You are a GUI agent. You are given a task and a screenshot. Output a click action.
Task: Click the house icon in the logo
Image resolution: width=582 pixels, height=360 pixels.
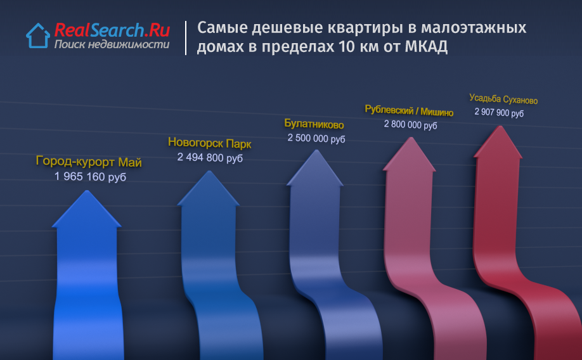click(x=38, y=36)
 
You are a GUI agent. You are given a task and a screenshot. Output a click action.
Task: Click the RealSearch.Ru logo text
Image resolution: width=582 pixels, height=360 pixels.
click(x=112, y=30)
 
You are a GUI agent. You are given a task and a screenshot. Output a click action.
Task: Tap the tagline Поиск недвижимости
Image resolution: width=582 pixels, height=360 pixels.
click(x=112, y=44)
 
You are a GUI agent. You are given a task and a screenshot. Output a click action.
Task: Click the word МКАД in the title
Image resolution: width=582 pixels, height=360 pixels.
click(x=426, y=47)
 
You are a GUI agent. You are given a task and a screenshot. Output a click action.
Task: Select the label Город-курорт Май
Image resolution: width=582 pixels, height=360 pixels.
click(x=89, y=162)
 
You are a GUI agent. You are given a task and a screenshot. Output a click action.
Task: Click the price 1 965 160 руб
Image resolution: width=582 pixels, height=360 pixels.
click(x=90, y=177)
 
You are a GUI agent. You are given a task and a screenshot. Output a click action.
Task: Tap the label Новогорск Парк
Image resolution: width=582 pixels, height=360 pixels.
click(x=210, y=143)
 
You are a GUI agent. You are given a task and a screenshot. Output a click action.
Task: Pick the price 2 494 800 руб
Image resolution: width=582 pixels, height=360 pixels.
click(x=210, y=157)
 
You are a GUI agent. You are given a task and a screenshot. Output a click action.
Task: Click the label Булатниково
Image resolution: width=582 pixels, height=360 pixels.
click(x=314, y=124)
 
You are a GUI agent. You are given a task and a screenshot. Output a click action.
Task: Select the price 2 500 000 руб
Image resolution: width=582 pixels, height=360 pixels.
click(x=316, y=138)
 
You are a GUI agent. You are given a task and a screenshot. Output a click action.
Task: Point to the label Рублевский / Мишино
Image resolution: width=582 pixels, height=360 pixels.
click(x=409, y=110)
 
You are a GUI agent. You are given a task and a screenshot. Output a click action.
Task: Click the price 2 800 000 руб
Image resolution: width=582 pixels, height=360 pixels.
click(x=411, y=125)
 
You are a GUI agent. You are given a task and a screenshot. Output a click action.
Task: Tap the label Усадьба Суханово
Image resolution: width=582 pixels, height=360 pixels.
click(x=503, y=99)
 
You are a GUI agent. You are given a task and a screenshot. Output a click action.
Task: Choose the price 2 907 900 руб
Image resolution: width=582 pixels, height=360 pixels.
click(x=499, y=112)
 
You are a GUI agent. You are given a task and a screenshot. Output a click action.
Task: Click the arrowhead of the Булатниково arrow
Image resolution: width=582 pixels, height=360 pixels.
click(x=316, y=168)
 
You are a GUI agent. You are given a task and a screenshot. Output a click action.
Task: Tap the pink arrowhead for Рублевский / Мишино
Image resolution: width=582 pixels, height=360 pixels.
click(x=410, y=155)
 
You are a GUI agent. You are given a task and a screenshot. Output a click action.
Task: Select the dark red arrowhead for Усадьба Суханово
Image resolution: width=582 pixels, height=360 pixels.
click(x=498, y=142)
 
